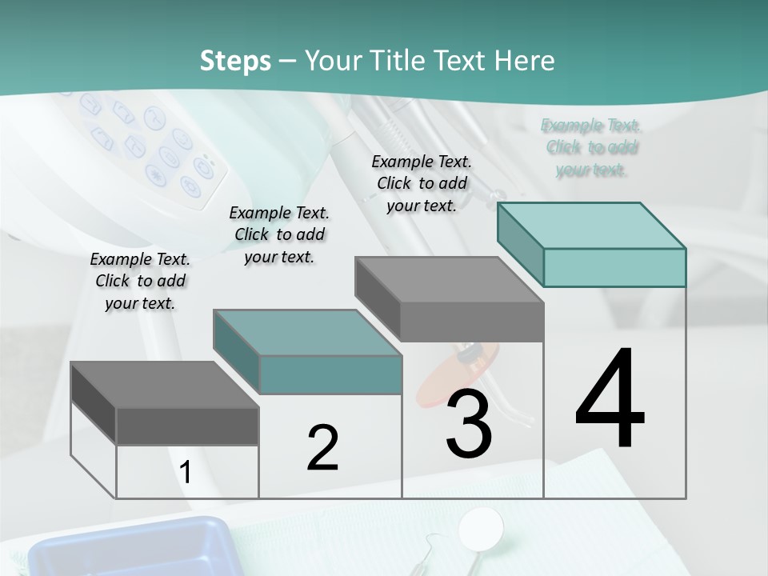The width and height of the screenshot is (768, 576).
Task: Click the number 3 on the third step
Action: click(469, 423)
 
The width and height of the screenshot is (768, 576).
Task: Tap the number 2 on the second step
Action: click(322, 447)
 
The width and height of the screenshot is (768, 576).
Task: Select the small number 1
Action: click(186, 473)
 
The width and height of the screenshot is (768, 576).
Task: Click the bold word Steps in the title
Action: click(235, 61)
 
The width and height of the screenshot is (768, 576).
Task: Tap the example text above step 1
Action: click(140, 281)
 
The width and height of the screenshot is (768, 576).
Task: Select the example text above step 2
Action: click(279, 234)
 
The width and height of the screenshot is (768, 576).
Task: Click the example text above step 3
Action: click(422, 183)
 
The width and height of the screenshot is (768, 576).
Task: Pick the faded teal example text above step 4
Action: click(590, 147)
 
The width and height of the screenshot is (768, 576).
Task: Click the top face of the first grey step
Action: click(163, 385)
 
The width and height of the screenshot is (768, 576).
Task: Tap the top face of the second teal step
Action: click(306, 332)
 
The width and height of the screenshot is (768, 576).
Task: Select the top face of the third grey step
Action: click(448, 279)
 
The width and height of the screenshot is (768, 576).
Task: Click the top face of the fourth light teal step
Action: click(590, 225)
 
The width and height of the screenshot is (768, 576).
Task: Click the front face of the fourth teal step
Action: click(614, 267)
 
